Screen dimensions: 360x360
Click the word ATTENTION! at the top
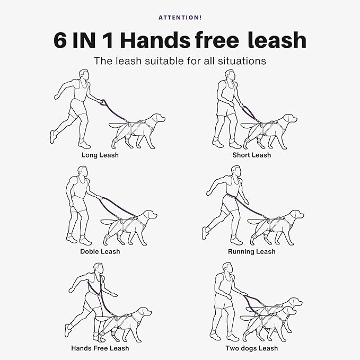pyautogui.click(x=180, y=17)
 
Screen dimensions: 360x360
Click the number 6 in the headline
pyautogui.click(x=62, y=40)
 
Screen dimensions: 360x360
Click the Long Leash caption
pyautogui.click(x=100, y=155)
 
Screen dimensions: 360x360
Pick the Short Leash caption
pyautogui.click(x=251, y=155)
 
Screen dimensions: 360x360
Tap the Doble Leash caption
pyautogui.click(x=100, y=251)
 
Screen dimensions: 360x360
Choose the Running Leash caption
pyautogui.click(x=251, y=251)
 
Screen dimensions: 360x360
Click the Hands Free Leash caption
pyautogui.click(x=100, y=348)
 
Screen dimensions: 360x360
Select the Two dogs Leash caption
pyautogui.click(x=251, y=348)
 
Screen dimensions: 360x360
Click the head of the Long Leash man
pyautogui.click(x=84, y=75)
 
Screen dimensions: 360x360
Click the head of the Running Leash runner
pyautogui.click(x=236, y=171)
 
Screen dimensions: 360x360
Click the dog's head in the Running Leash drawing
pyautogui.click(x=296, y=216)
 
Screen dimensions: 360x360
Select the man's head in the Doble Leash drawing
pyautogui.click(x=82, y=171)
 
